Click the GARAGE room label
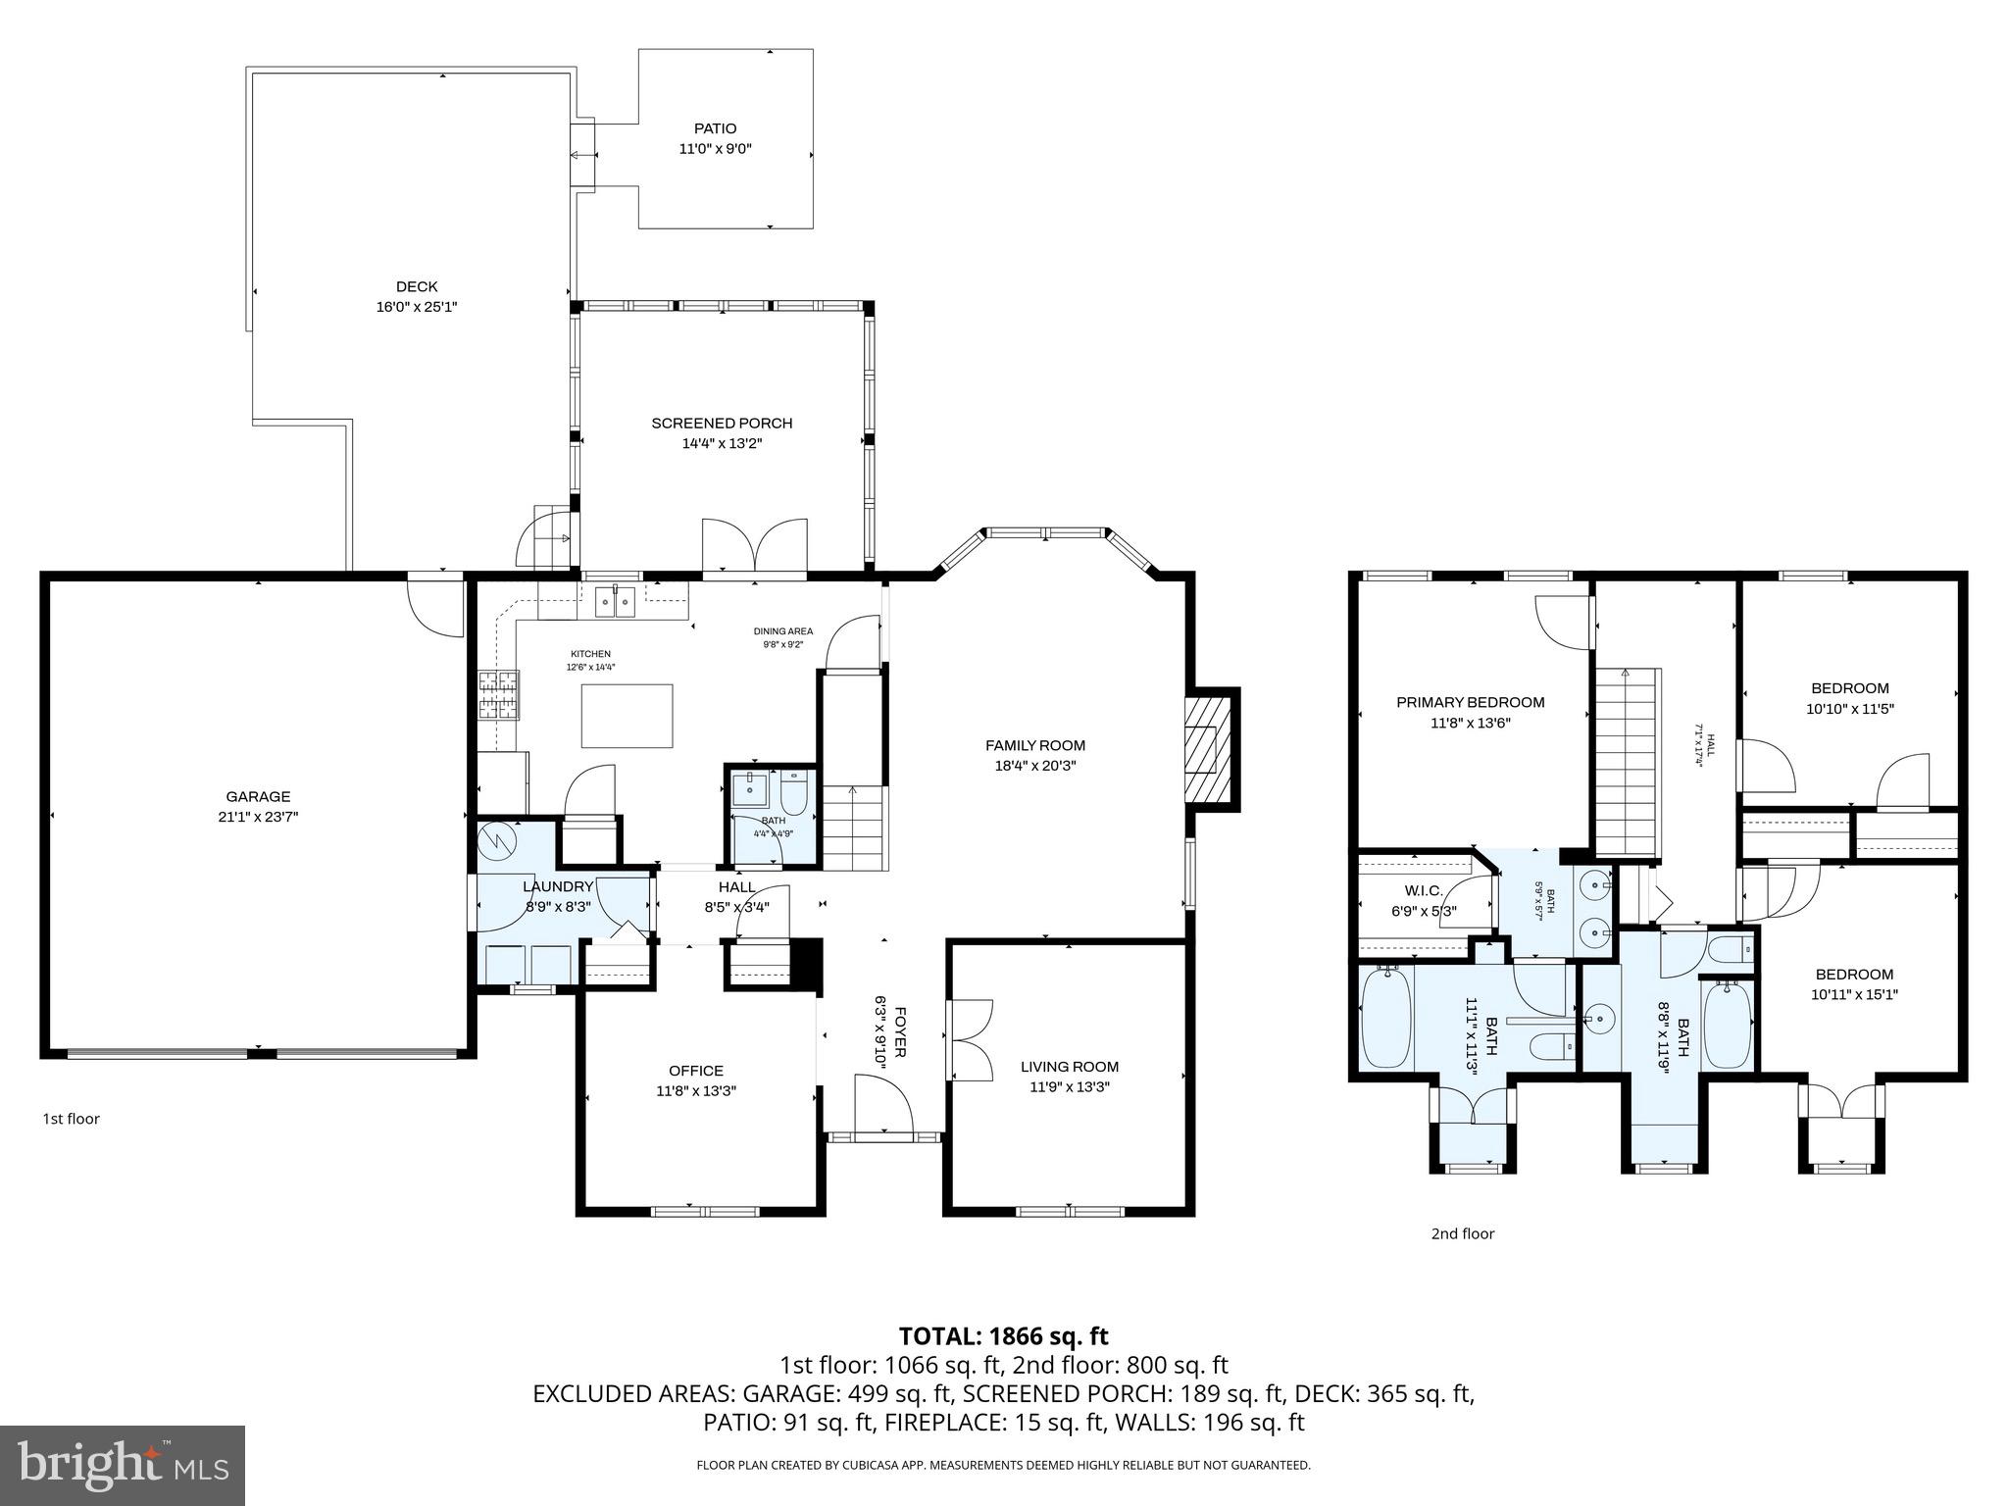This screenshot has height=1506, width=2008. coord(258,796)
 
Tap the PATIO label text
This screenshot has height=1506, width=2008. coord(715,128)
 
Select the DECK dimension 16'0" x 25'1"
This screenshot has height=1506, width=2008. coord(417,307)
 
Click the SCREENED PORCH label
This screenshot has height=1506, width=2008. coord(722,423)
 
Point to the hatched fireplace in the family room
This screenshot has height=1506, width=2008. coord(1203,750)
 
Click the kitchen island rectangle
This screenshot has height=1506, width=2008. coord(627,717)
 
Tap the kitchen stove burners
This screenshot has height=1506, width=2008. coord(498,695)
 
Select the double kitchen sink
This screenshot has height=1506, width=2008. coord(615,600)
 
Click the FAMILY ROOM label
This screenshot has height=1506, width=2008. coord(1034,745)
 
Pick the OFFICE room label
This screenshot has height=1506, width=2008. coord(696,1071)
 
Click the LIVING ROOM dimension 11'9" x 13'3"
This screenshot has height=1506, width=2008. coord(1069,1086)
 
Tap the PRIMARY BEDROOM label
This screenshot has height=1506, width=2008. coord(1470,702)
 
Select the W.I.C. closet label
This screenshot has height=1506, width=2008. coord(1424,890)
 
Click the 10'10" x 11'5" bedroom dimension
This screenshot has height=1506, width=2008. coord(1849,708)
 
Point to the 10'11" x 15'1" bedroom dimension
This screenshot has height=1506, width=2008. coord(1854,994)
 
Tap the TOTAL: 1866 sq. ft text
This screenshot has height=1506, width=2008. coord(1003,1335)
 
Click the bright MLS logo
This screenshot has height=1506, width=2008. coord(123,1465)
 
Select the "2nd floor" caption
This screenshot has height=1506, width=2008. coord(1462,1233)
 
